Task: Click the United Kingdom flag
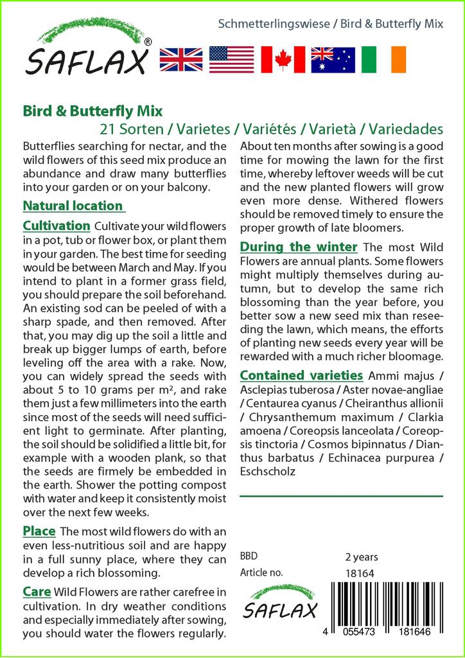coord(180,59)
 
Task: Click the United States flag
coord(231,59)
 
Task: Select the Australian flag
coord(333,59)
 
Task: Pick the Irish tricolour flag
coord(383,59)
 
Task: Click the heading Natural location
coord(73,206)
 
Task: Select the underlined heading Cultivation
coord(57,226)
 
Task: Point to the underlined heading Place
coord(39,531)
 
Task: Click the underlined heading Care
coord(37,591)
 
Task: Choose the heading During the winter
coord(299,247)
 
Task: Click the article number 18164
coord(360,573)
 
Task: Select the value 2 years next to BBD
coord(362,556)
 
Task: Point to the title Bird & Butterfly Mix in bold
coord(92,112)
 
